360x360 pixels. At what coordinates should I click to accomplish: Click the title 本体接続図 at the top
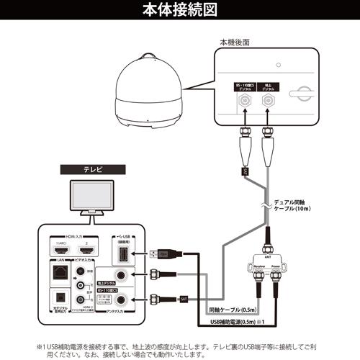tap(180, 11)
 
